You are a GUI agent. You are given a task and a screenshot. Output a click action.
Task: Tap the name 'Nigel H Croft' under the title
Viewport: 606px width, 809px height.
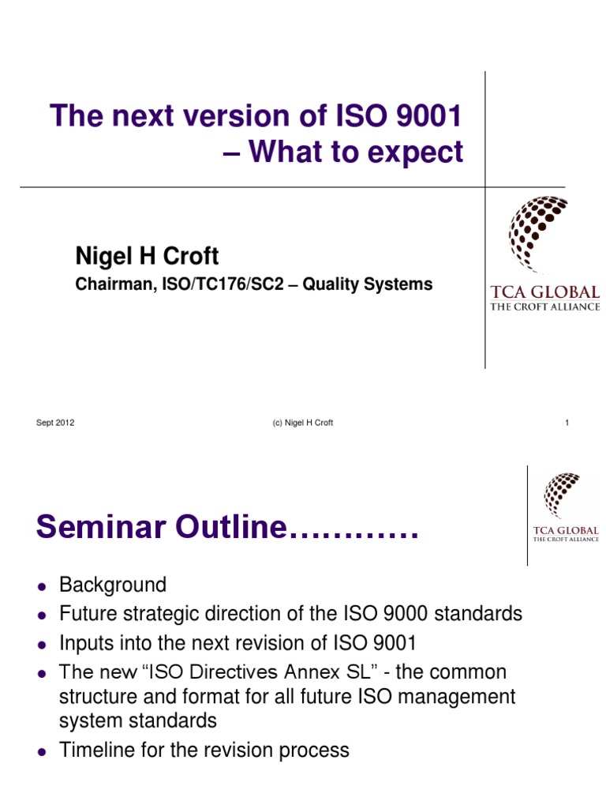tap(147, 256)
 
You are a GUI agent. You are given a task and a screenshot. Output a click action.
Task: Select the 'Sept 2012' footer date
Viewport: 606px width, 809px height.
tap(55, 423)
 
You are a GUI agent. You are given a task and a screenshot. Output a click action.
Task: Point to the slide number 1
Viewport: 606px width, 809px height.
tap(567, 423)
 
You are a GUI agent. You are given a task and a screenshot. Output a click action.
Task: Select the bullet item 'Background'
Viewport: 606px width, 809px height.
tap(113, 585)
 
